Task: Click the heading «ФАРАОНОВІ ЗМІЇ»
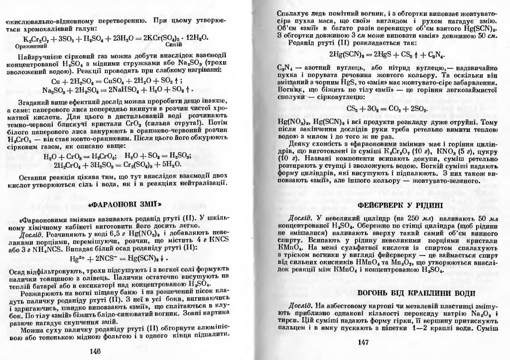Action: (127, 204)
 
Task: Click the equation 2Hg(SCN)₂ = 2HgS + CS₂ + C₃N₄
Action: (382, 54)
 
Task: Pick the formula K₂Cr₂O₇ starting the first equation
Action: (35, 38)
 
